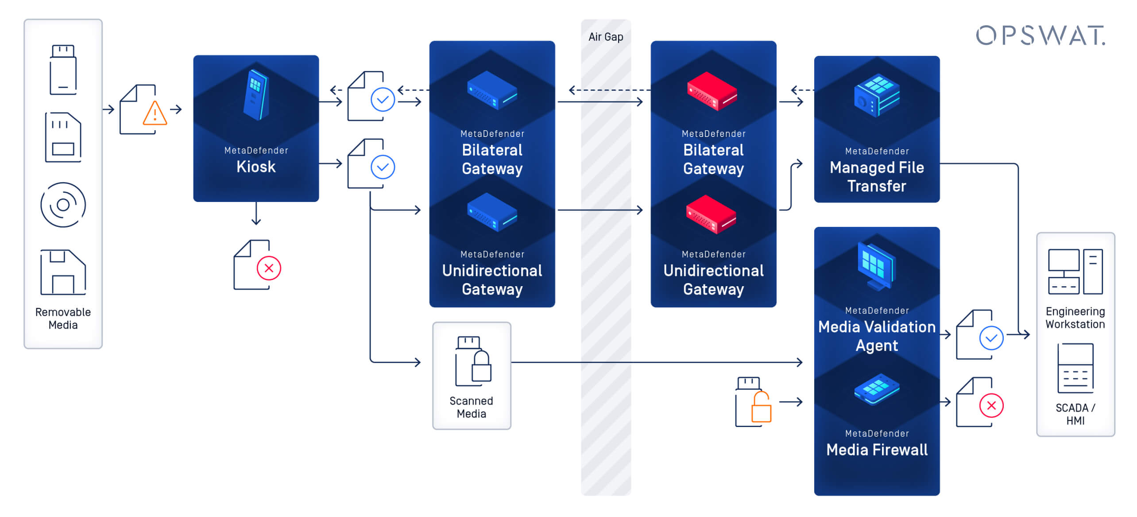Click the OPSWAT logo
click(x=1040, y=35)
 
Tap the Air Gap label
click(x=605, y=37)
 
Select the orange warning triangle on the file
click(x=155, y=114)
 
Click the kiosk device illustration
click(x=256, y=95)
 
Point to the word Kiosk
click(x=256, y=167)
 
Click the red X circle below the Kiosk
click(x=269, y=268)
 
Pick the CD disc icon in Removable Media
click(x=63, y=205)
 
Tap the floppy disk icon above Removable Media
click(x=63, y=272)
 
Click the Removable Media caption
click(x=63, y=318)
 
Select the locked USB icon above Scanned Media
click(x=472, y=361)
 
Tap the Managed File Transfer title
click(x=877, y=176)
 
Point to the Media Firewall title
click(x=877, y=450)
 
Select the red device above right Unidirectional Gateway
click(x=711, y=214)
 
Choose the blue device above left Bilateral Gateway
click(x=492, y=90)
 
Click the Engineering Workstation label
click(x=1075, y=318)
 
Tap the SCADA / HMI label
click(x=1075, y=414)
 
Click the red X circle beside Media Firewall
click(x=991, y=405)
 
